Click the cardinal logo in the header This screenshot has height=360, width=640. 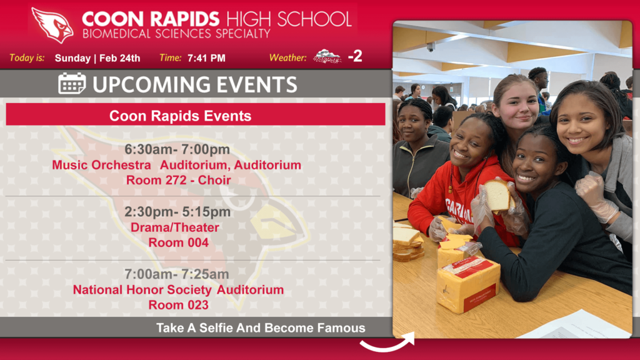point(52,25)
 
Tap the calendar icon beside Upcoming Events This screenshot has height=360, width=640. point(72,84)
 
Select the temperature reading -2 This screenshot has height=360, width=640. point(355,56)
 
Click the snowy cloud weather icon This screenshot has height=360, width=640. point(327,57)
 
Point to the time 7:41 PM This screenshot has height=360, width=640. point(206,58)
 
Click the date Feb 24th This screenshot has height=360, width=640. point(119,58)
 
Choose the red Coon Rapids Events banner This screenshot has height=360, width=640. point(196,114)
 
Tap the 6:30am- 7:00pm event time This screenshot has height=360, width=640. point(177,149)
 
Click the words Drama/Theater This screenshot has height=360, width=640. point(175,227)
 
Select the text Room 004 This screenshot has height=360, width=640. point(178,242)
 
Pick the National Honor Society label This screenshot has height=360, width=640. point(142,290)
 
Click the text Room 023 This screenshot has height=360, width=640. point(178,305)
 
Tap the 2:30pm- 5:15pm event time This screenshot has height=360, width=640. point(177,212)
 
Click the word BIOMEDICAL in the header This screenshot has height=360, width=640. point(116,34)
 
